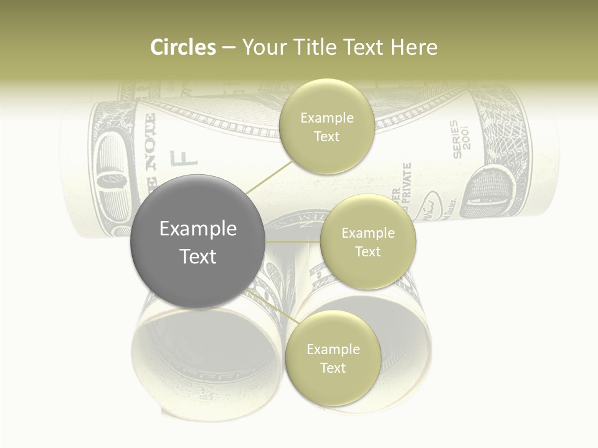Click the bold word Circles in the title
pos(183,47)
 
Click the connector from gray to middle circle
pos(293,241)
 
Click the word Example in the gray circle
pos(197,229)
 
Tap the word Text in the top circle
pos(326,136)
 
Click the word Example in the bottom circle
pos(333,349)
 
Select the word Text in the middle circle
pos(368,251)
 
